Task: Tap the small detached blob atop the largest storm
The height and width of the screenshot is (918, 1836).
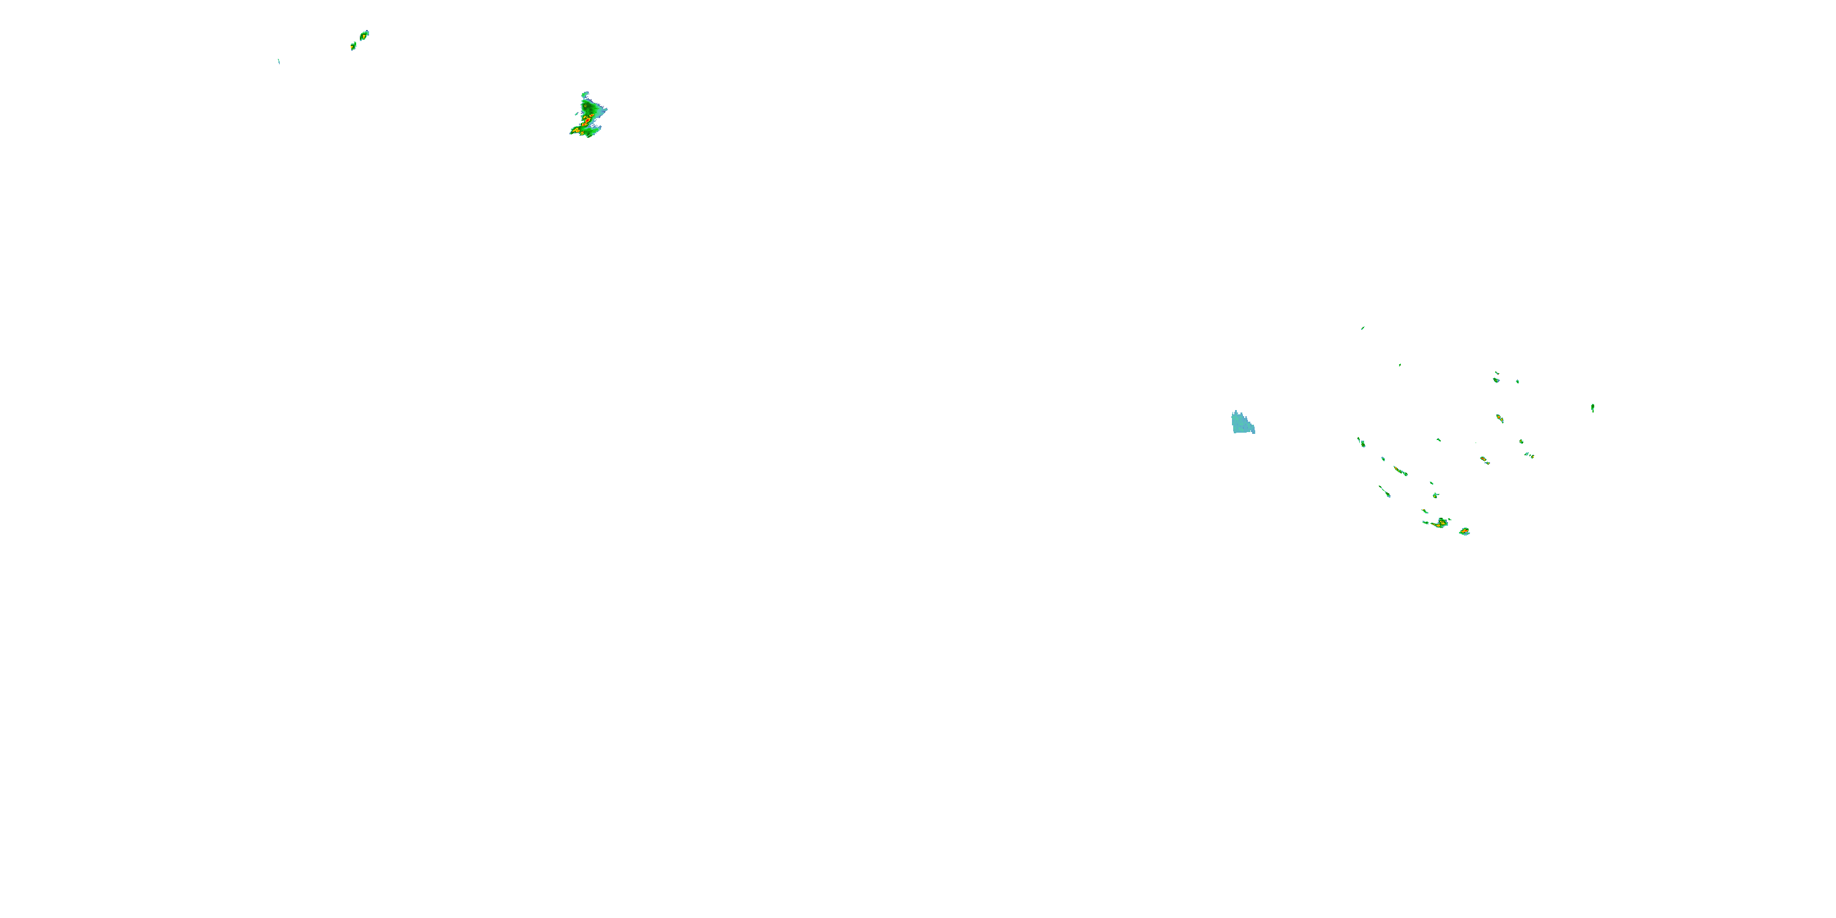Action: pyautogui.click(x=585, y=94)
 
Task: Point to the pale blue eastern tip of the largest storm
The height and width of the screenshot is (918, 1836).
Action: pyautogui.click(x=605, y=110)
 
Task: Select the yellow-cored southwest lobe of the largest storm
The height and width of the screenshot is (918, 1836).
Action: pyautogui.click(x=575, y=130)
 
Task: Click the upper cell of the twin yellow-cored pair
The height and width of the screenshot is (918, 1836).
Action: pyautogui.click(x=365, y=34)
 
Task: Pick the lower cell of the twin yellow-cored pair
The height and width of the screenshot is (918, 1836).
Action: pyautogui.click(x=353, y=47)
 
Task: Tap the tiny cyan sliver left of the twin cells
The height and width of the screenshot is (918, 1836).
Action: pyautogui.click(x=278, y=61)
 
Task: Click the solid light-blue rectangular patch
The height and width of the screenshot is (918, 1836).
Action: pyautogui.click(x=1242, y=423)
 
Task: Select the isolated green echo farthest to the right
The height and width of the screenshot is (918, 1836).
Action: pyautogui.click(x=1592, y=408)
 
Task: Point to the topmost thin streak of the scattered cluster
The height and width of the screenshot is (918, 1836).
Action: pyautogui.click(x=1363, y=328)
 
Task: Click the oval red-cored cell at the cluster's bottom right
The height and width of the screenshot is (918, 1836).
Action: pyautogui.click(x=1464, y=532)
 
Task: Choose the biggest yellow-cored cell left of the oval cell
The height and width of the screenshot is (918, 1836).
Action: pyautogui.click(x=1441, y=523)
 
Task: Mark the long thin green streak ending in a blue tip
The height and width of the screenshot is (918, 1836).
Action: pyautogui.click(x=1384, y=491)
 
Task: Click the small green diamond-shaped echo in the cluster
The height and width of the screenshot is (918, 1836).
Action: pyautogui.click(x=1435, y=495)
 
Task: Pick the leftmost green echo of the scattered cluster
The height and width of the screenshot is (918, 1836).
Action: pyautogui.click(x=1361, y=442)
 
